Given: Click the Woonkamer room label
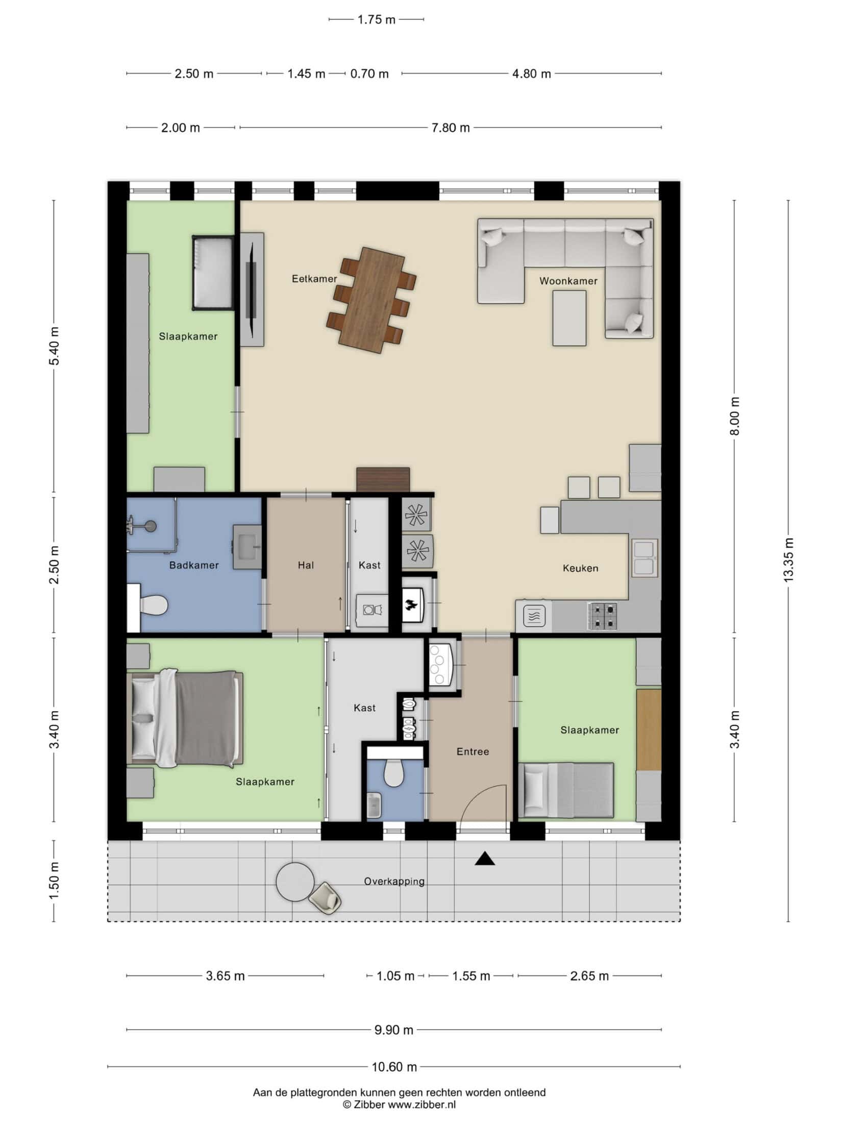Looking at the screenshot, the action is (x=568, y=281).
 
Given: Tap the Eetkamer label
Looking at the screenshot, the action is (x=314, y=279).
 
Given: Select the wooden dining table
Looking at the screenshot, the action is (x=371, y=300).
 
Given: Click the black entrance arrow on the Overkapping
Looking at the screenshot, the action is (x=485, y=859).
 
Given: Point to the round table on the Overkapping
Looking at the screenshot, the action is (x=295, y=882).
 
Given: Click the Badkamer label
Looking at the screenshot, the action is (x=194, y=565).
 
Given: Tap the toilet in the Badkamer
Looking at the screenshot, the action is (x=153, y=606).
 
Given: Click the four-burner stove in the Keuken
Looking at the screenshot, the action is (x=603, y=616).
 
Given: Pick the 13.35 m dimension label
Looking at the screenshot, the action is (x=788, y=560).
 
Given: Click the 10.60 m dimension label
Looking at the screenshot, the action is (x=394, y=1066).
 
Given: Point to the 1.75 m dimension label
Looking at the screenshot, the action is (x=376, y=19).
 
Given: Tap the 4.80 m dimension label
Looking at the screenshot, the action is (x=531, y=74).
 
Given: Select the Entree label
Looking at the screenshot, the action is (x=473, y=751).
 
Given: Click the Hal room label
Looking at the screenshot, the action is (x=306, y=565).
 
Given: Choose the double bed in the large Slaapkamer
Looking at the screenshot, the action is (x=185, y=719).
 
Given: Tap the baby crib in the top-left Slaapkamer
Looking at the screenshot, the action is (x=213, y=273).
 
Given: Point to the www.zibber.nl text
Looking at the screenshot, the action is (x=422, y=1105).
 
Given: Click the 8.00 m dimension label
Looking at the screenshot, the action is (x=735, y=416).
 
